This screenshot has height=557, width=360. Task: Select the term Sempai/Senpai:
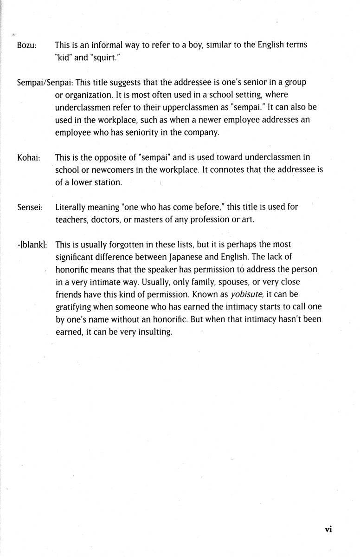(45, 83)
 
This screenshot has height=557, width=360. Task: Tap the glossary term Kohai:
(28, 158)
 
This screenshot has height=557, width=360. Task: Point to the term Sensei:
(29, 207)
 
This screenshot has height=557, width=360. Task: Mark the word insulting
(153, 332)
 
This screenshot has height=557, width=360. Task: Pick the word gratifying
(76, 307)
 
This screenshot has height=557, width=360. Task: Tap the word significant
(76, 257)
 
